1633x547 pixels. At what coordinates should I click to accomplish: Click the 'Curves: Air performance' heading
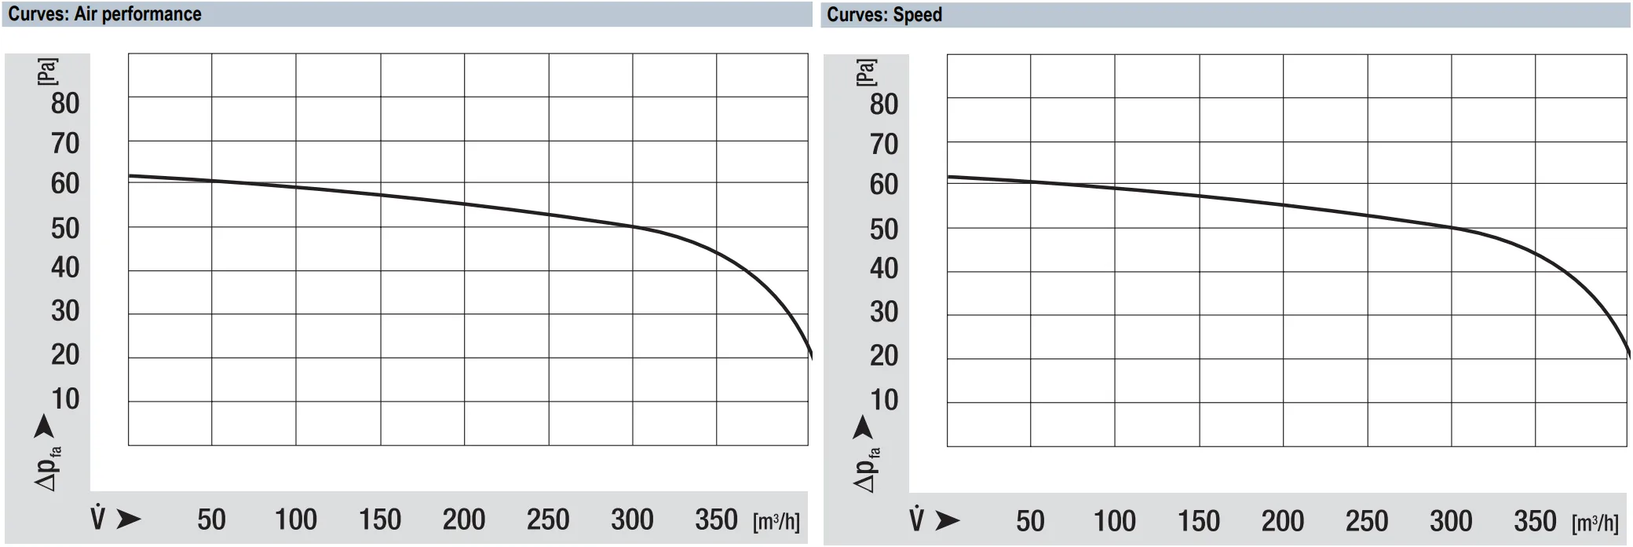coord(104,14)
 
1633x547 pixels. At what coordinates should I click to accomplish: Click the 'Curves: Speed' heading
coord(884,15)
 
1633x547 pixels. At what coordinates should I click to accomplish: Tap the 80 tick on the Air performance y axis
coord(65,103)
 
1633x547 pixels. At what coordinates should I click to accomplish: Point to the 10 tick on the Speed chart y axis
coord(884,400)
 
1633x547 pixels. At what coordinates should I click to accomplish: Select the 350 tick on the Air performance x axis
coord(716,519)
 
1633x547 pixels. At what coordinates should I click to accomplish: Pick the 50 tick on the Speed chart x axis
coord(1030,521)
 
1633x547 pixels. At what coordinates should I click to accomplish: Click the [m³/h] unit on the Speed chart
coord(1595,523)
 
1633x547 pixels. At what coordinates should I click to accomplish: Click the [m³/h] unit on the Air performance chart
coord(776,521)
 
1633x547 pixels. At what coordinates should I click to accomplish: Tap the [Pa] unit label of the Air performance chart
coord(47,71)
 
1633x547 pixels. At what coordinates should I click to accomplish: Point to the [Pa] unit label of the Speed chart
coord(866,72)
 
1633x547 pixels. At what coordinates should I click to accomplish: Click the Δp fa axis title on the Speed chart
coord(867,469)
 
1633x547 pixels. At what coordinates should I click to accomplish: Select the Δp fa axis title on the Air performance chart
coord(48,468)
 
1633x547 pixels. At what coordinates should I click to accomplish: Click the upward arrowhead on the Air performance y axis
coord(44,427)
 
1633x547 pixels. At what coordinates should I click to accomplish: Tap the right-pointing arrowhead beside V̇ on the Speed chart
coord(948,520)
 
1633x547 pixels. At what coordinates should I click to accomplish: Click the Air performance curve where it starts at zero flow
coord(130,175)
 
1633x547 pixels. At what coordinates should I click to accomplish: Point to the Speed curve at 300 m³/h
coord(1451,228)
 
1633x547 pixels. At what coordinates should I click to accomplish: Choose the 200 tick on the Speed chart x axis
coord(1283,521)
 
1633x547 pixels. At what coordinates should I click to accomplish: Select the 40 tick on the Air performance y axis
coord(65,267)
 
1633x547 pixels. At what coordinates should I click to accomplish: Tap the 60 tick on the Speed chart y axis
coord(884,184)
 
